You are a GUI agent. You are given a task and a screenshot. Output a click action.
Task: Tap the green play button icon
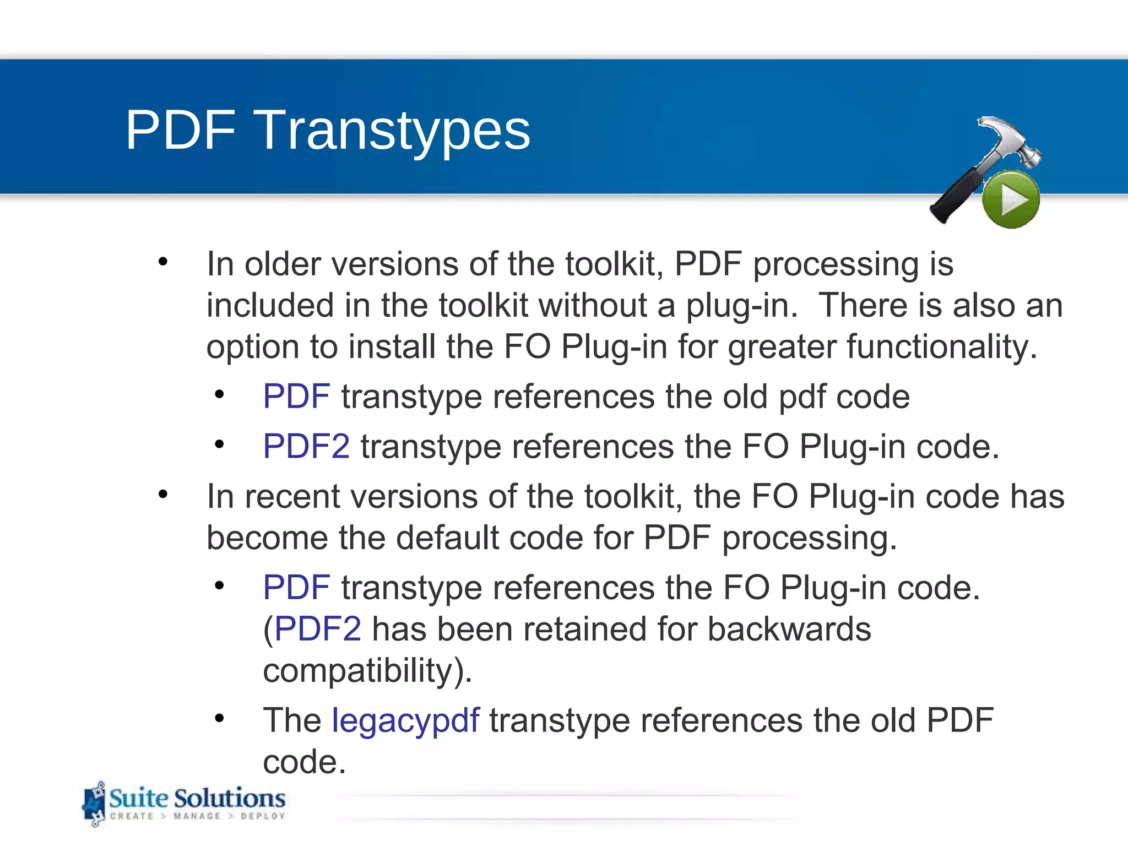(1011, 199)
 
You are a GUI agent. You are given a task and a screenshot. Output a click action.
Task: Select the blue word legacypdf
(405, 720)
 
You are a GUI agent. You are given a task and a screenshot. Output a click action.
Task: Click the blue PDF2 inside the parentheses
(318, 629)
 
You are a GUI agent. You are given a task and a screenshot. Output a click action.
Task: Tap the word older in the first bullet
(283, 264)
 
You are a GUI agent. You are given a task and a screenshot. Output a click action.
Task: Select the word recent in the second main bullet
(292, 497)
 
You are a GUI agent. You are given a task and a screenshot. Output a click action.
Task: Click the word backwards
(789, 629)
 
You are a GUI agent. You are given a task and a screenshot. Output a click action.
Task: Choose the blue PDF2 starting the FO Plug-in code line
(306, 446)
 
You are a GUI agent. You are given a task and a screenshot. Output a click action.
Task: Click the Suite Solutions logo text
(197, 799)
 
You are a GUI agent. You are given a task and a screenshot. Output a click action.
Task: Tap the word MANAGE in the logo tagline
(197, 816)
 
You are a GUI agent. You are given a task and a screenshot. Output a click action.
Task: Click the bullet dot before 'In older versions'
(162, 262)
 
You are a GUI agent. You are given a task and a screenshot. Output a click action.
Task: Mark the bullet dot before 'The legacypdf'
(219, 718)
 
